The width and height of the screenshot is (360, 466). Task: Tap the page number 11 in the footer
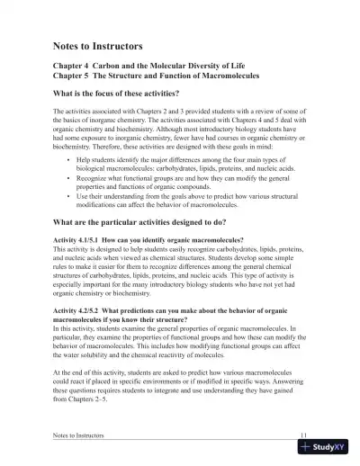click(304, 436)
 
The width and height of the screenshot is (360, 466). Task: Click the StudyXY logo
click(327, 448)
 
